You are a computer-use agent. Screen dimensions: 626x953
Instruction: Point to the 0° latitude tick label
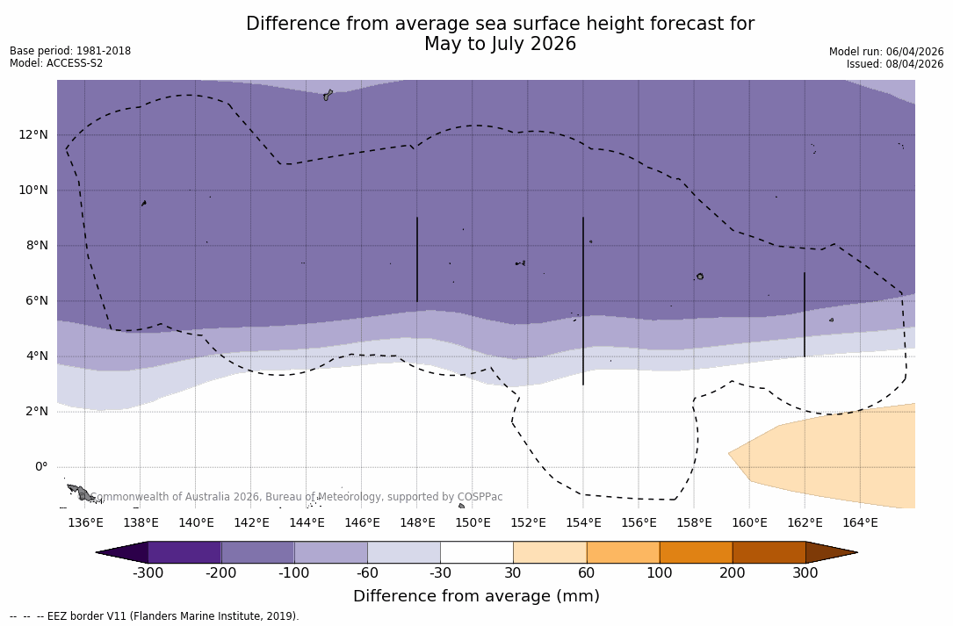tap(40, 466)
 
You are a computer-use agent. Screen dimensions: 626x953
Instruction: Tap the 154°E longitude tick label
tap(583, 523)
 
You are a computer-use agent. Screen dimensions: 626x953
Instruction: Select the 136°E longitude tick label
tap(85, 523)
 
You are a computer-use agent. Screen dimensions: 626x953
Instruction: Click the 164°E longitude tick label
tap(860, 523)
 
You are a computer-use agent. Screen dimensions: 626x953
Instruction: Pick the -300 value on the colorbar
tap(148, 573)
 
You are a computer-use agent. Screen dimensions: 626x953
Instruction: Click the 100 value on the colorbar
tap(659, 573)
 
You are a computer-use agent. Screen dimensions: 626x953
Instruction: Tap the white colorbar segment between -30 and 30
tap(476, 552)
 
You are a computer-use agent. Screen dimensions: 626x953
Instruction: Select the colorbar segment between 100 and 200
tap(696, 552)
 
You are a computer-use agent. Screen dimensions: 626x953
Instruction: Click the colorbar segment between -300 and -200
tap(184, 552)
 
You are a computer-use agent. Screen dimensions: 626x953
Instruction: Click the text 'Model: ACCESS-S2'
tap(56, 63)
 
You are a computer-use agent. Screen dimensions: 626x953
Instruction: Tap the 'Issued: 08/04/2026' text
tap(895, 64)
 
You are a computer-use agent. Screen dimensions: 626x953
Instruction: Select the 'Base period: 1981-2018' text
tap(70, 51)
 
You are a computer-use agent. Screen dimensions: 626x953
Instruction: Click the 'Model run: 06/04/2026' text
tap(886, 52)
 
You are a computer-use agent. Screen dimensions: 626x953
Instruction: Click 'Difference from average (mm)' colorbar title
tap(476, 597)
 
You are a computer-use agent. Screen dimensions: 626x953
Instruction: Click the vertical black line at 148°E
tap(417, 259)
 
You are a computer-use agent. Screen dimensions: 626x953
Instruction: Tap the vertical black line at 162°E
tap(805, 314)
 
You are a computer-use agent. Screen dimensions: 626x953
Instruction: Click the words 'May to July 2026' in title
tap(500, 44)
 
